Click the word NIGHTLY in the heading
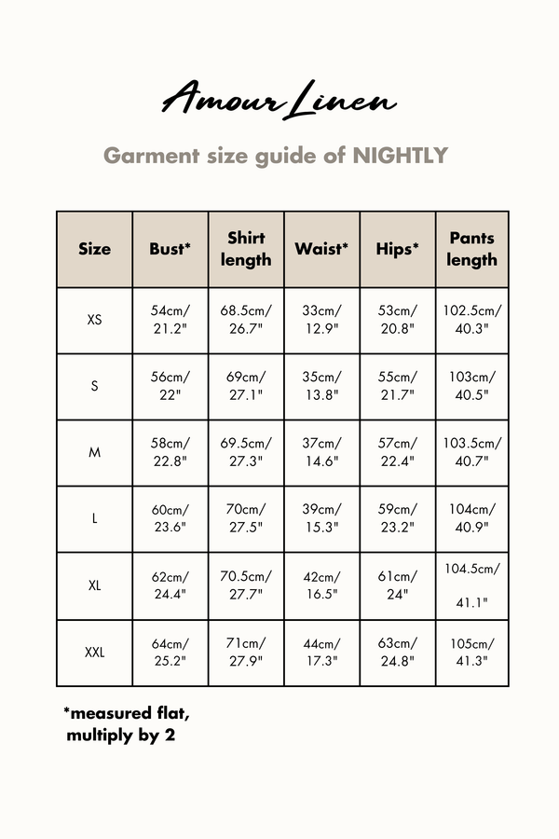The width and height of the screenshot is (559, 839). point(401,156)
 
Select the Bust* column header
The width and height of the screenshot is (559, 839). point(170,249)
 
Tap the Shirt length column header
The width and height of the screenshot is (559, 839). point(246,249)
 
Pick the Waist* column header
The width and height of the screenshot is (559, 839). point(321,249)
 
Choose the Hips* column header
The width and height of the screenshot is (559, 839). point(398,249)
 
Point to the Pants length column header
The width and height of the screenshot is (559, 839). point(472,249)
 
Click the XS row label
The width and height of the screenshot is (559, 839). point(94,320)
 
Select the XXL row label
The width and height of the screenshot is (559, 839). point(94,653)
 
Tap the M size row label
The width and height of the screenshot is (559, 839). point(94,453)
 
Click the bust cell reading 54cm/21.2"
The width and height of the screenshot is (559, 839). point(170,320)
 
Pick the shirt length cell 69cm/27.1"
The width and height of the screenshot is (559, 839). point(246,386)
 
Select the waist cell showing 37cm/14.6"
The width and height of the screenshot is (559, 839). point(321,453)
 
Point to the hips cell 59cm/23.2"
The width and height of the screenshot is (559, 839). point(398,519)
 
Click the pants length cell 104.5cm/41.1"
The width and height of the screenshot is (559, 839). point(472,585)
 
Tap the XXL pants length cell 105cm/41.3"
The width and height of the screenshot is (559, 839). point(472,653)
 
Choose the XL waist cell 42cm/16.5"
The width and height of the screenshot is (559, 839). point(321,585)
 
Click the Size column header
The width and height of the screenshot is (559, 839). point(94,249)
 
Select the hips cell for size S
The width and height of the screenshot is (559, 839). point(398,386)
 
